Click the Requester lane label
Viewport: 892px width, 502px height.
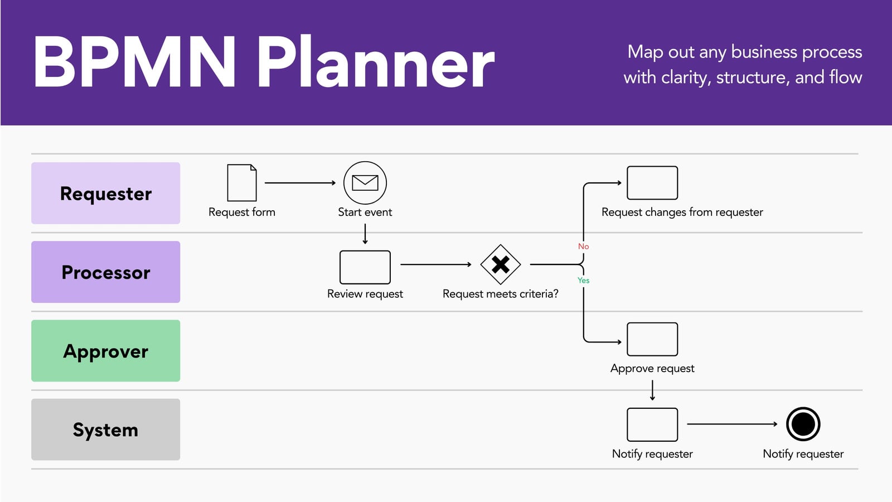(105, 193)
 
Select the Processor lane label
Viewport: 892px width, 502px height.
(105, 272)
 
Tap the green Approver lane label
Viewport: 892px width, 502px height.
(105, 351)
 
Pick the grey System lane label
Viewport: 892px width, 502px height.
(105, 429)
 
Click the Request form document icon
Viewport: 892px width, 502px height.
(242, 183)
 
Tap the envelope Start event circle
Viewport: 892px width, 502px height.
(365, 183)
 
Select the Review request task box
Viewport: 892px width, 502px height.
(365, 267)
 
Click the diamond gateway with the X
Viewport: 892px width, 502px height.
(501, 264)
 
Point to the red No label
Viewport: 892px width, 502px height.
(583, 246)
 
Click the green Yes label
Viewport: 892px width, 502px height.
(583, 281)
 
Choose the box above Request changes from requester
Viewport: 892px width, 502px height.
(652, 183)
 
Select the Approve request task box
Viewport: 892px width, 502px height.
(652, 340)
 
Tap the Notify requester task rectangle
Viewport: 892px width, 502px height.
(652, 424)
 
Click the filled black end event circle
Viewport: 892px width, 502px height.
(803, 424)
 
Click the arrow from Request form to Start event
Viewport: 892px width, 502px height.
(300, 183)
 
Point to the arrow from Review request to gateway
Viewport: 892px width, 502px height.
(436, 264)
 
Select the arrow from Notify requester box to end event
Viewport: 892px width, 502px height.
(733, 424)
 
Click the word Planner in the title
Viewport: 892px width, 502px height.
(376, 62)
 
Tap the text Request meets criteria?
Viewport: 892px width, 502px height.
(501, 294)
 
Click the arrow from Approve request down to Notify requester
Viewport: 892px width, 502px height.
(652, 390)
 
